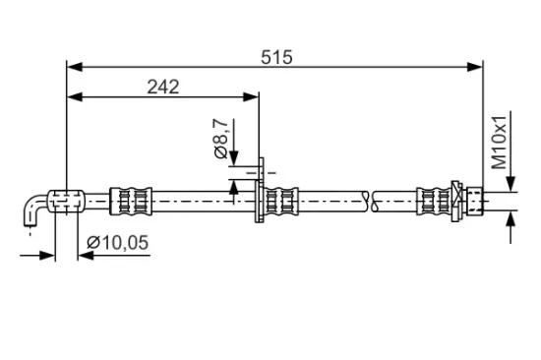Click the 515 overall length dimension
click(x=277, y=57)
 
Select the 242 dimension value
click(x=162, y=87)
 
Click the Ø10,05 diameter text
click(x=117, y=242)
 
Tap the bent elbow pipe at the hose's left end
click(x=36, y=208)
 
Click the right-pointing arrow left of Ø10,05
click(x=46, y=255)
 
